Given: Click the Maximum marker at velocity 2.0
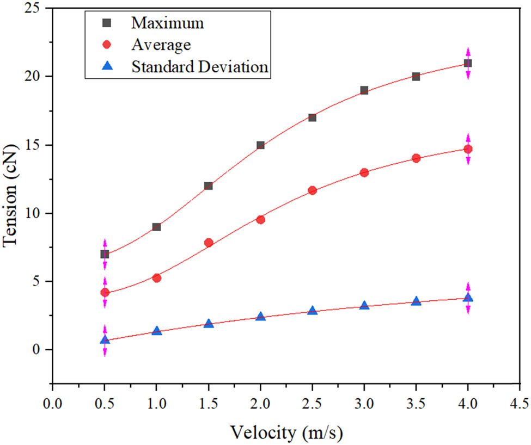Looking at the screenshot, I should click(x=260, y=145).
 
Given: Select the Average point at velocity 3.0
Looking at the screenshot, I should click(x=364, y=172).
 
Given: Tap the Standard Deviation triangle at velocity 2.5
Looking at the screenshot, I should click(x=313, y=311).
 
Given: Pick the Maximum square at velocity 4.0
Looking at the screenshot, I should click(x=468, y=63).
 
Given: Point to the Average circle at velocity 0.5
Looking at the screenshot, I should click(x=105, y=293).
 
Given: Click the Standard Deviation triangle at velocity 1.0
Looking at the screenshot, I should click(x=157, y=331).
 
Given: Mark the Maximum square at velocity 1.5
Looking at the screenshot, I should click(x=209, y=186).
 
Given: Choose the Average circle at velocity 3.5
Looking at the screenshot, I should click(x=416, y=158).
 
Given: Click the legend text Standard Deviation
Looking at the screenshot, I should click(x=199, y=66).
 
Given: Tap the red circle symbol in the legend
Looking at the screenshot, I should click(x=107, y=45).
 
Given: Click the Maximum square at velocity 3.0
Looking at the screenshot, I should click(x=364, y=90).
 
